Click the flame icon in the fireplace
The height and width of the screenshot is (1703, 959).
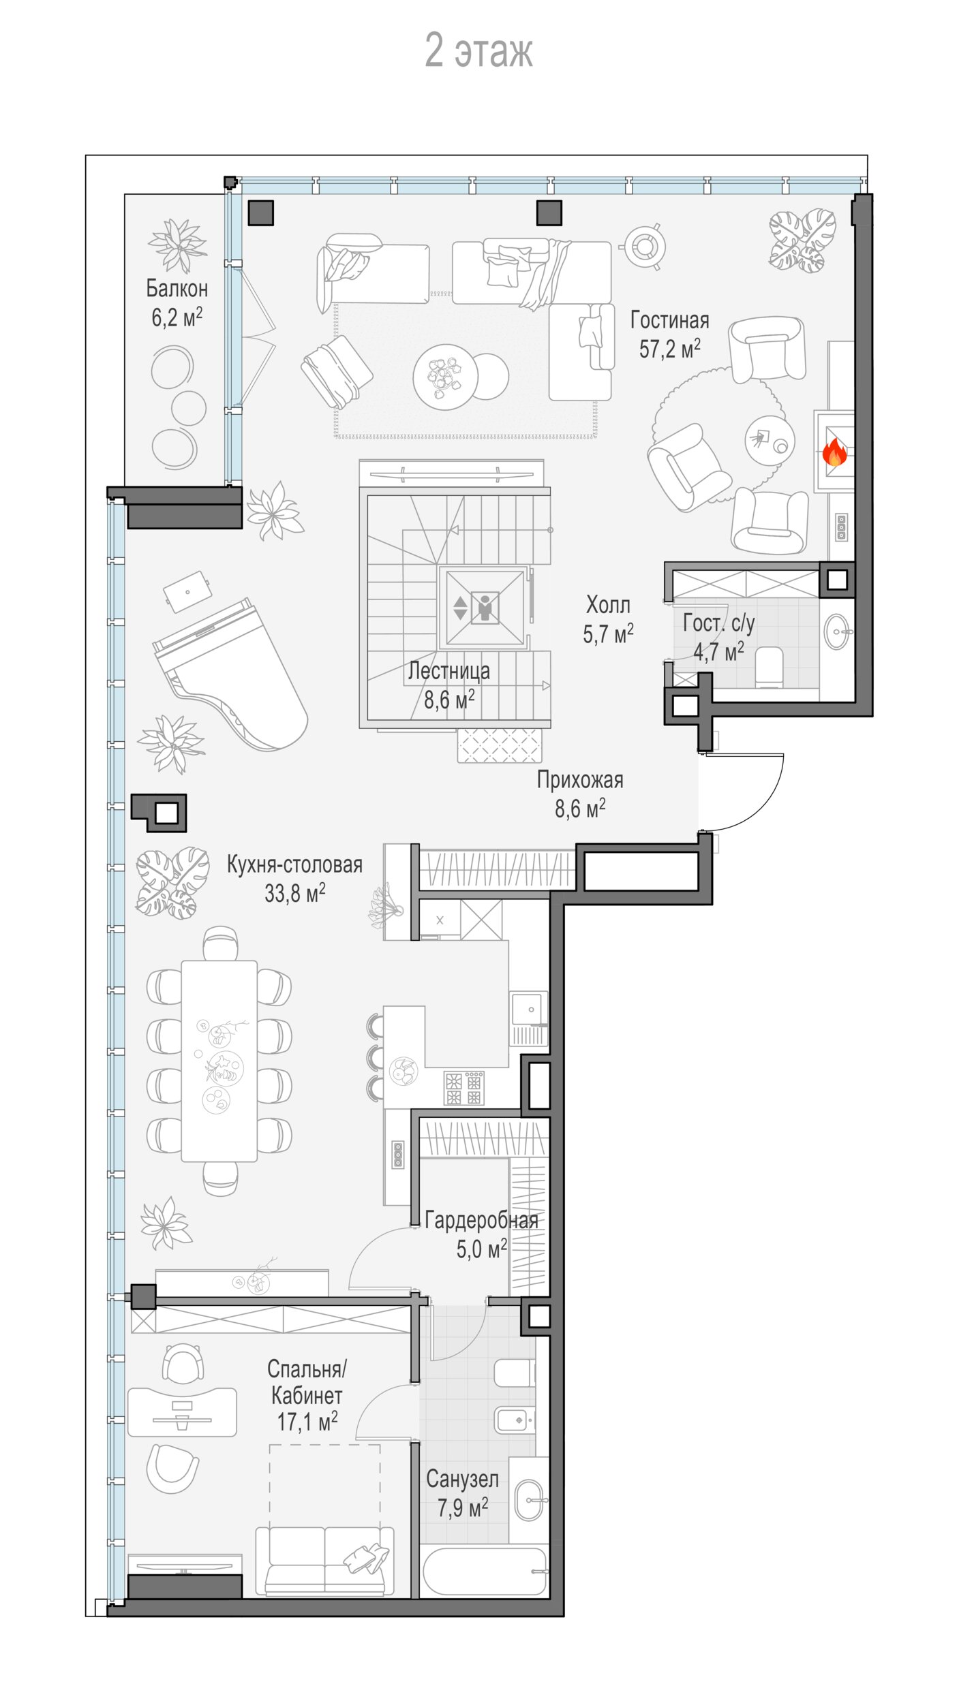pyautogui.click(x=834, y=451)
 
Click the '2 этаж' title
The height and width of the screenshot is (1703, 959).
pyautogui.click(x=478, y=50)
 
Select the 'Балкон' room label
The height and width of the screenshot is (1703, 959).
pyautogui.click(x=177, y=288)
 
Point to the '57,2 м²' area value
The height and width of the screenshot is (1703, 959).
pyautogui.click(x=669, y=349)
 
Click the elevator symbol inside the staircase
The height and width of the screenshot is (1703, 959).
pyautogui.click(x=485, y=608)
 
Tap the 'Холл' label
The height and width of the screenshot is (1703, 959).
pyautogui.click(x=608, y=604)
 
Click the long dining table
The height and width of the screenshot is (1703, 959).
pyautogui.click(x=219, y=1061)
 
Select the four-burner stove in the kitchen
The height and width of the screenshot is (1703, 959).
pyautogui.click(x=463, y=1088)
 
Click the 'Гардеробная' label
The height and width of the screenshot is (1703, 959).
pyautogui.click(x=481, y=1220)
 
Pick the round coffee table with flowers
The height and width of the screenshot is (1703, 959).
pyautogui.click(x=445, y=377)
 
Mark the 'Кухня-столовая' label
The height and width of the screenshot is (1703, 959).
pyautogui.click(x=294, y=864)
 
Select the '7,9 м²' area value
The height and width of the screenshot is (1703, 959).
pyautogui.click(x=463, y=1507)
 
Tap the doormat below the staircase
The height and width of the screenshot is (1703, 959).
pyautogui.click(x=500, y=745)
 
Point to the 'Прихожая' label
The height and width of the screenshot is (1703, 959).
pyautogui.click(x=580, y=780)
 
